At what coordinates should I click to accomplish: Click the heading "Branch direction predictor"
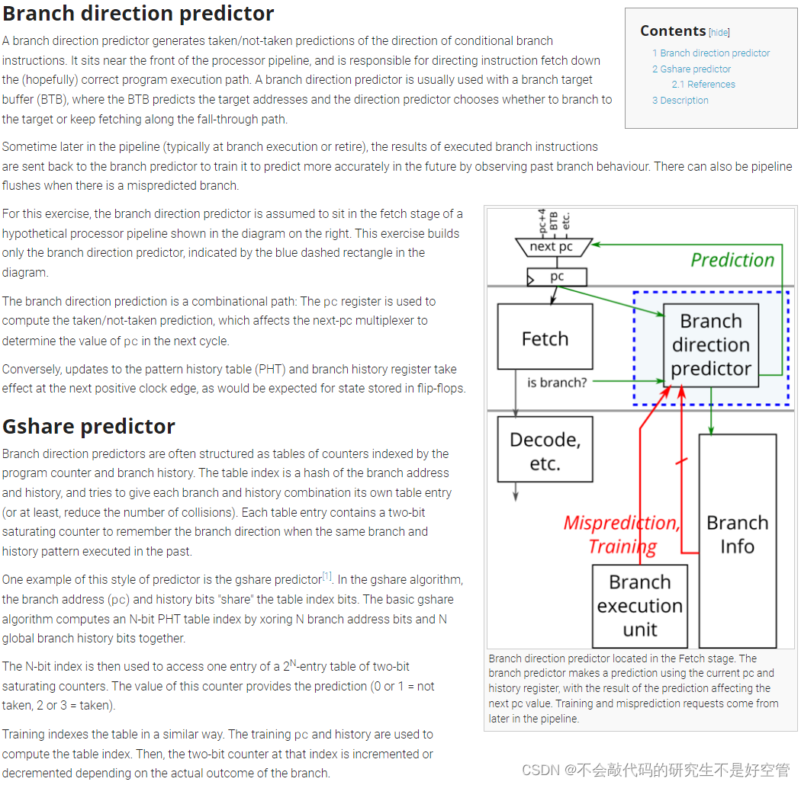click(x=138, y=14)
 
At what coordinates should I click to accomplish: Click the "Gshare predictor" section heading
click(x=88, y=426)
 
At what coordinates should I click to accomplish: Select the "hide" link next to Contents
click(x=719, y=32)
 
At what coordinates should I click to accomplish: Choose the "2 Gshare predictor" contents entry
click(x=691, y=69)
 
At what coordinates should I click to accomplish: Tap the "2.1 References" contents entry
click(x=703, y=85)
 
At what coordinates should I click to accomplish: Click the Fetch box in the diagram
click(x=545, y=337)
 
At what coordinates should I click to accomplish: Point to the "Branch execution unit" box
click(x=639, y=606)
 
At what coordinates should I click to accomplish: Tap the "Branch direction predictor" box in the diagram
click(x=710, y=344)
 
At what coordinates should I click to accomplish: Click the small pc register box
click(x=557, y=277)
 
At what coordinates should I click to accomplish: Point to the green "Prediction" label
click(x=732, y=260)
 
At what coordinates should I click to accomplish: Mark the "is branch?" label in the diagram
click(x=557, y=382)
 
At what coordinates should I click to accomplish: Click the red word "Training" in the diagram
click(x=622, y=546)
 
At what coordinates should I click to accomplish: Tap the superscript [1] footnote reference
click(x=327, y=575)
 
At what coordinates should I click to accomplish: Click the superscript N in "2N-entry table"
click(x=292, y=663)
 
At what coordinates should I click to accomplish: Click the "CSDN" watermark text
click(x=541, y=770)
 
